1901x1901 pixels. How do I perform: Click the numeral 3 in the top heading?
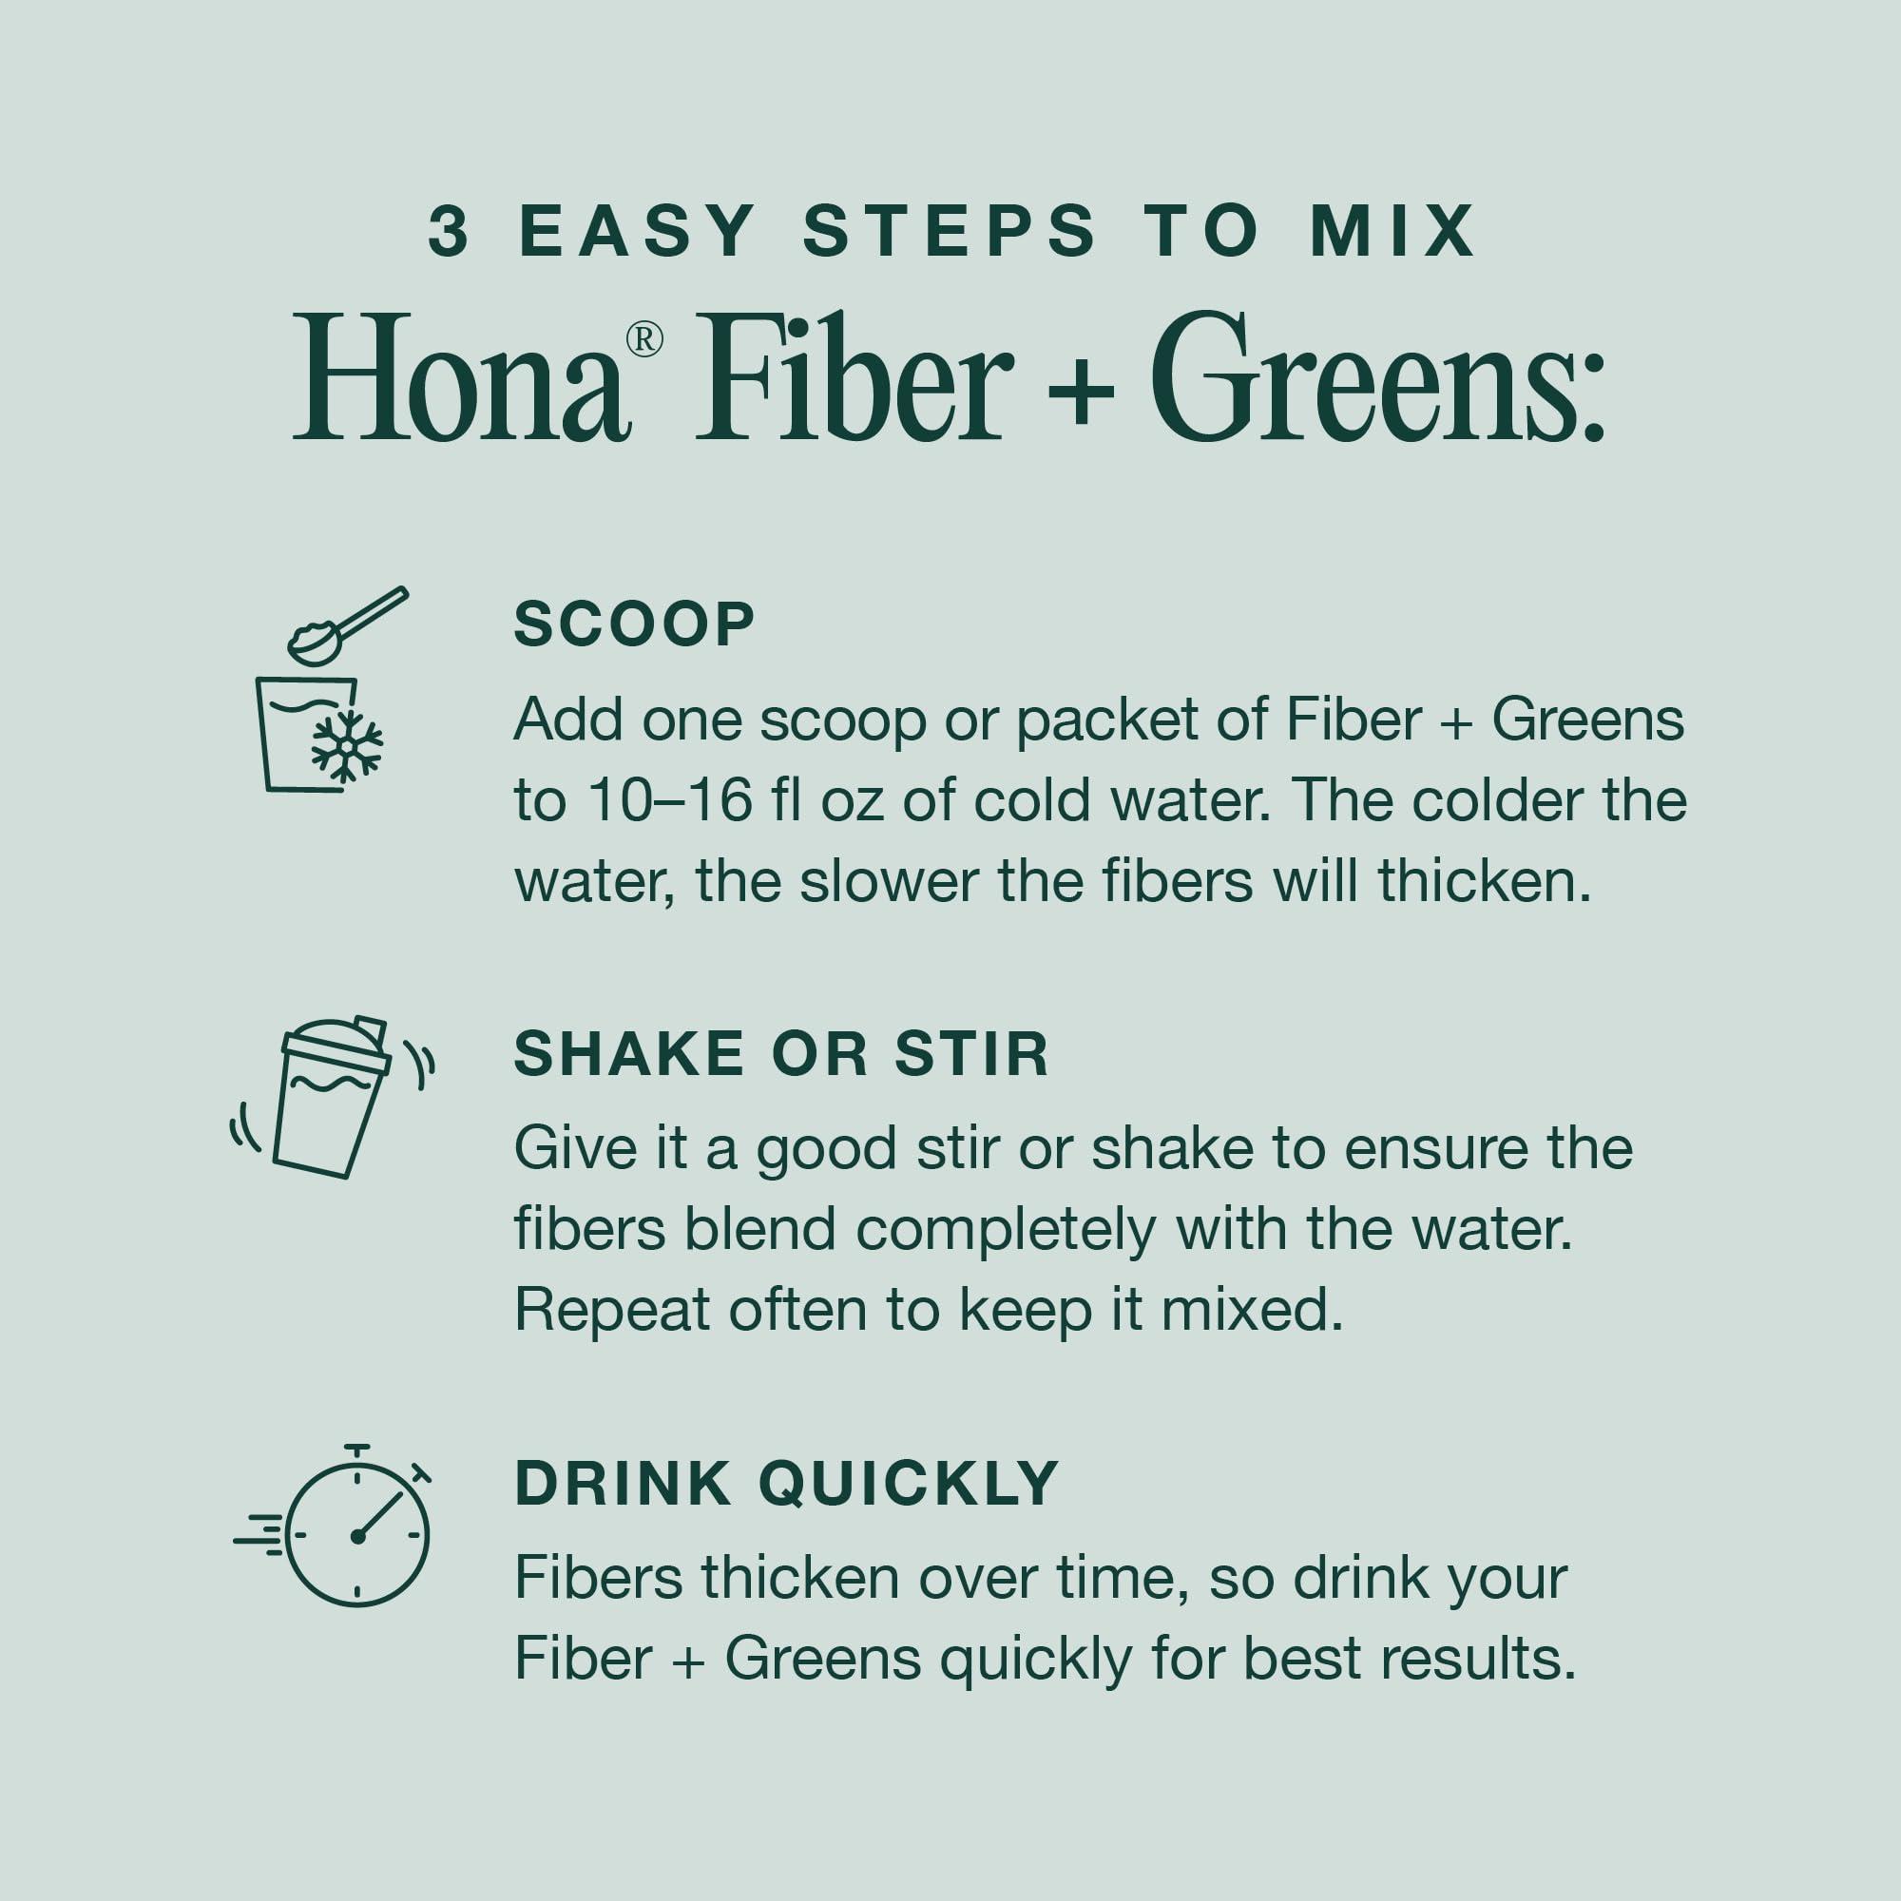coord(449,232)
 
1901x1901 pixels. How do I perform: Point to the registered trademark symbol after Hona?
coord(644,339)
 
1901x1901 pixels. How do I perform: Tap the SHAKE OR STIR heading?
coord(781,1054)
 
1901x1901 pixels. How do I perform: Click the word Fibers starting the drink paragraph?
coord(599,1579)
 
